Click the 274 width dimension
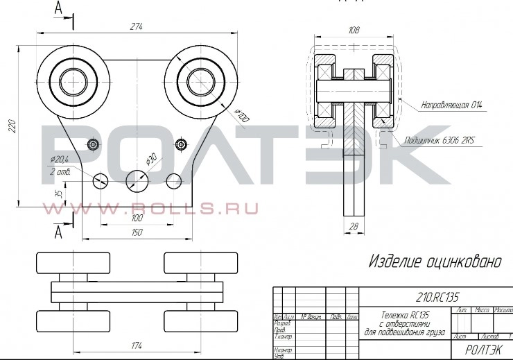click(136, 26)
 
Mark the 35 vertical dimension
click(59, 194)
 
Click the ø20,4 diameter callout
click(60, 161)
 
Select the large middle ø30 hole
click(137, 181)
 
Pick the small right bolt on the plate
click(181, 144)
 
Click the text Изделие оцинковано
click(435, 262)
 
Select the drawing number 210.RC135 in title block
click(437, 296)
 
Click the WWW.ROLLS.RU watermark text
click(151, 207)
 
